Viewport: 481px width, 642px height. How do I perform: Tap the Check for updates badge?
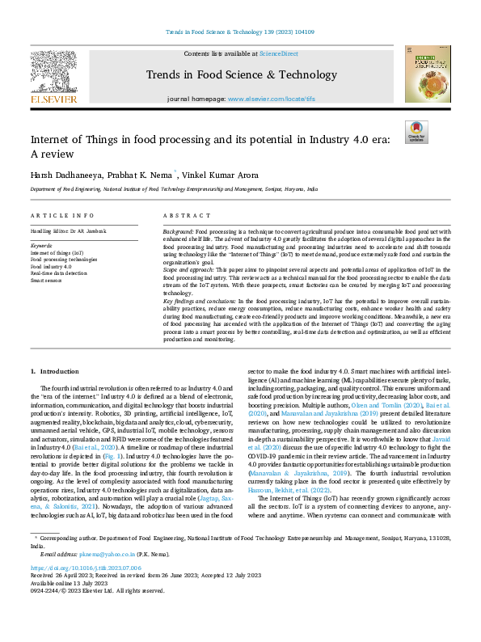click(x=416, y=133)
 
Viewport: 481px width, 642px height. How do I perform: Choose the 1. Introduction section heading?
click(x=56, y=371)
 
